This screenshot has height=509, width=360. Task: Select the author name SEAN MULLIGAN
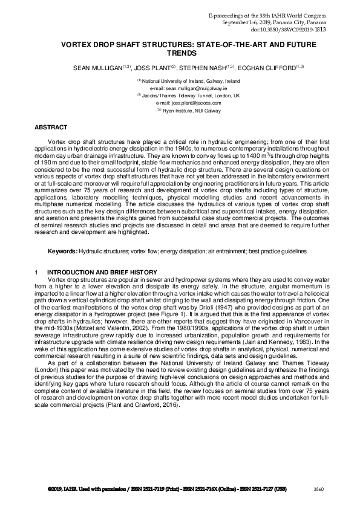click(97, 68)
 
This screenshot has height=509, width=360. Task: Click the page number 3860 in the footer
click(318, 487)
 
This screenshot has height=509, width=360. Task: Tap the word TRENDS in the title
click(179, 53)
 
